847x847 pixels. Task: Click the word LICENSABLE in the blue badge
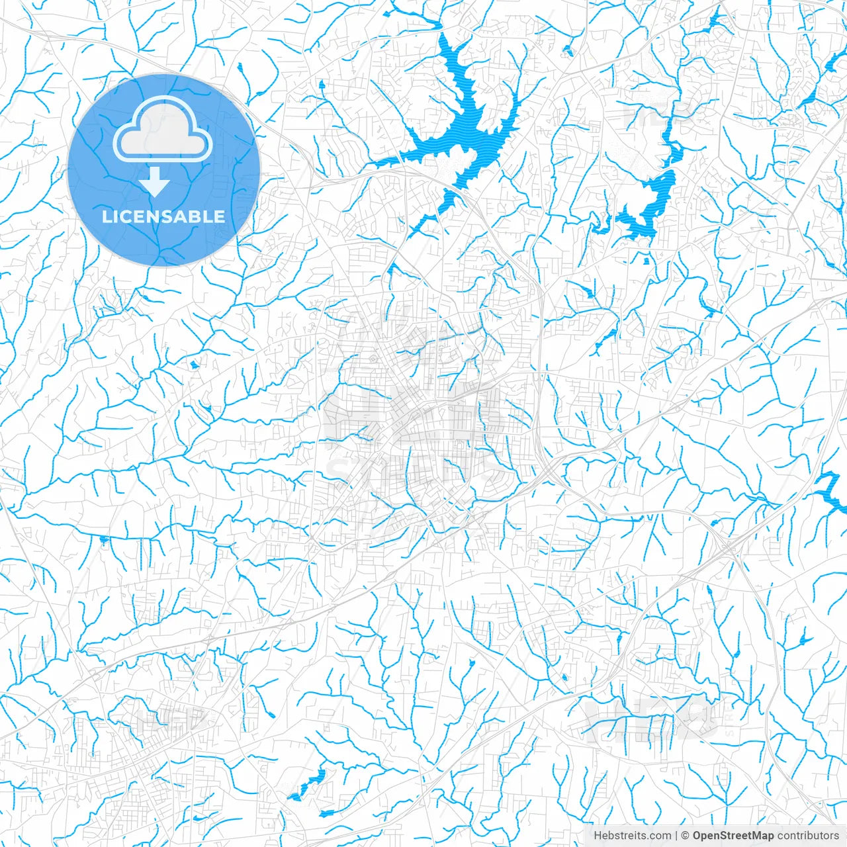tap(163, 216)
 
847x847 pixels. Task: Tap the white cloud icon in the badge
tap(163, 132)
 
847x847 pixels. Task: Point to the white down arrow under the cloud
tap(156, 182)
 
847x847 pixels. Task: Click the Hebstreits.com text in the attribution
tap(632, 836)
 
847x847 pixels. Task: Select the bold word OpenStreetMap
tap(733, 836)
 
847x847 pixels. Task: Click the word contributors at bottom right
tap(807, 836)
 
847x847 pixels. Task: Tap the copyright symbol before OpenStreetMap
tap(686, 836)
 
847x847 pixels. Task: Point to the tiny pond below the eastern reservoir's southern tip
tap(646, 261)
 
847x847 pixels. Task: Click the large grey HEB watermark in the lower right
tap(652, 718)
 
